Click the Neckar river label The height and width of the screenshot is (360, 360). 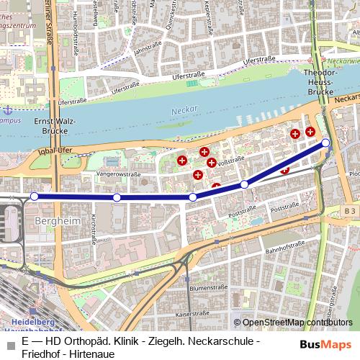point(184,111)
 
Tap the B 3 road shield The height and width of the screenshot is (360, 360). point(349,210)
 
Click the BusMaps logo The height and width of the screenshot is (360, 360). point(325,344)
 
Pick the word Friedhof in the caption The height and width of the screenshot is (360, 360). point(42,354)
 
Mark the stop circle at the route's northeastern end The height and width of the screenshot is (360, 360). point(325,143)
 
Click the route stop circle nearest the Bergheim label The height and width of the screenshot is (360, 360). point(35,196)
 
